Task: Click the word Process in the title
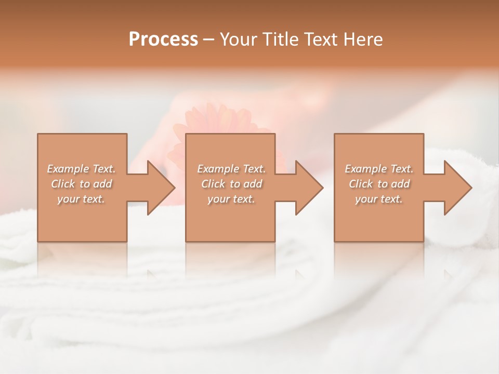tap(163, 39)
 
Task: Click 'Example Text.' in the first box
tap(81, 169)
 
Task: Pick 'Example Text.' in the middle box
tap(231, 169)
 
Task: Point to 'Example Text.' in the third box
tap(379, 169)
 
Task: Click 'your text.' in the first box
tap(81, 199)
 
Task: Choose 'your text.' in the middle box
tap(231, 199)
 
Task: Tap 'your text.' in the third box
tap(379, 199)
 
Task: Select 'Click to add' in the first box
tap(81, 184)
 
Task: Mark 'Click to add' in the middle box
tap(231, 184)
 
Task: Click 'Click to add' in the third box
tap(379, 184)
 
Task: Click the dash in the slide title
tap(209, 39)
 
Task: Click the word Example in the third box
tap(366, 169)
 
